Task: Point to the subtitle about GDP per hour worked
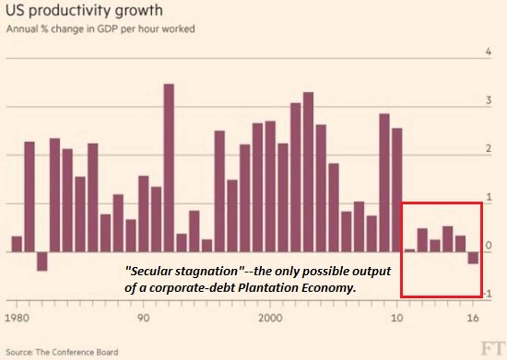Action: [x=100, y=29]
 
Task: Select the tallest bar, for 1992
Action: [x=169, y=167]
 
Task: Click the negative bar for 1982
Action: [x=42, y=261]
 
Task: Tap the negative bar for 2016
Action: [x=473, y=258]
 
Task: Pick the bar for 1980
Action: [x=17, y=244]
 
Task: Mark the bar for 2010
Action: [x=397, y=190]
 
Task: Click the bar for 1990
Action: [x=143, y=213]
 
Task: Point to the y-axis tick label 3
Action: [x=488, y=100]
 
